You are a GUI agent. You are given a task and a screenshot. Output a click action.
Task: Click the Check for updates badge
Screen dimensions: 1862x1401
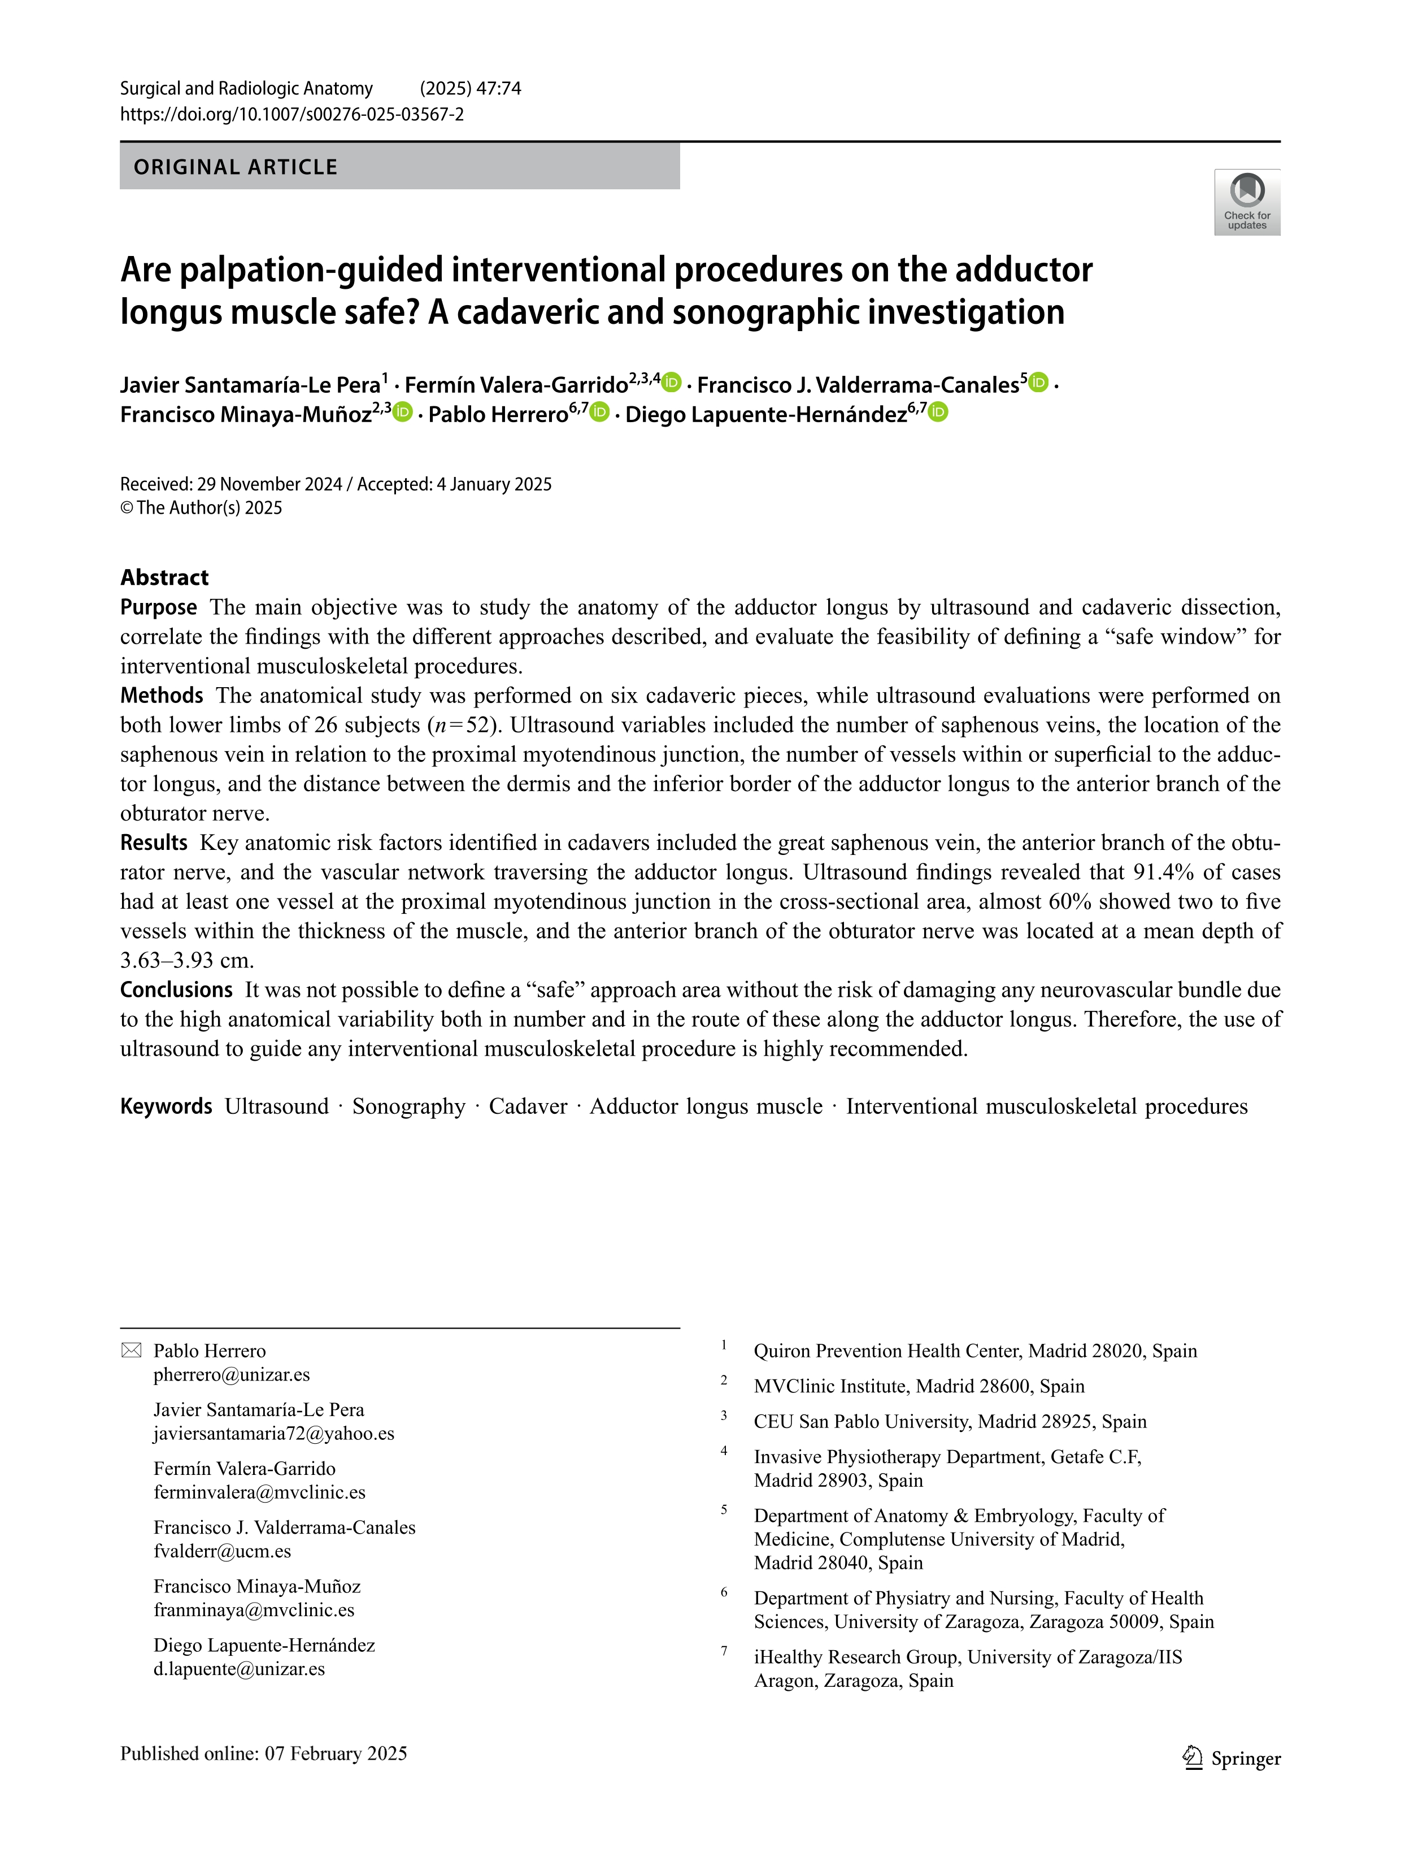point(1246,202)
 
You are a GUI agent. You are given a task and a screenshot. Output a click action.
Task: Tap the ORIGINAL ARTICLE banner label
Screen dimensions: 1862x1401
point(236,167)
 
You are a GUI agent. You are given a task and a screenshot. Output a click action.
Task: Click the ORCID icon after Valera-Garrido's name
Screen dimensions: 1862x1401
point(672,383)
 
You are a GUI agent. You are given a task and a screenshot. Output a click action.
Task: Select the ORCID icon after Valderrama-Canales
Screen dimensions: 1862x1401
point(1039,383)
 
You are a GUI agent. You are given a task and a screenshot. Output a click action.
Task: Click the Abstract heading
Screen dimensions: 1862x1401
point(164,578)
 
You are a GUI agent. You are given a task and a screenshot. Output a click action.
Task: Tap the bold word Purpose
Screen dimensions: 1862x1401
point(158,607)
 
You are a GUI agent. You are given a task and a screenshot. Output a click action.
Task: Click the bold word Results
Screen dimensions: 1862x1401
point(154,843)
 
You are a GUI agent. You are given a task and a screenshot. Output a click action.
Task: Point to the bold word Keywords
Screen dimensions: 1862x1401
point(166,1106)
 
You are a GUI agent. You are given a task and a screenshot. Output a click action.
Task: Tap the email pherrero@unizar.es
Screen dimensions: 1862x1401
point(232,1375)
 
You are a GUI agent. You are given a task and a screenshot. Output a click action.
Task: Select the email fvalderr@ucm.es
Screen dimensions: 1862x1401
point(222,1551)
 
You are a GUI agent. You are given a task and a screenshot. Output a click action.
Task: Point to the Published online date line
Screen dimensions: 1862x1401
point(263,1754)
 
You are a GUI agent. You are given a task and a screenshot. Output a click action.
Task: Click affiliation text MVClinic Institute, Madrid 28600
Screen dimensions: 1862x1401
point(919,1386)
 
